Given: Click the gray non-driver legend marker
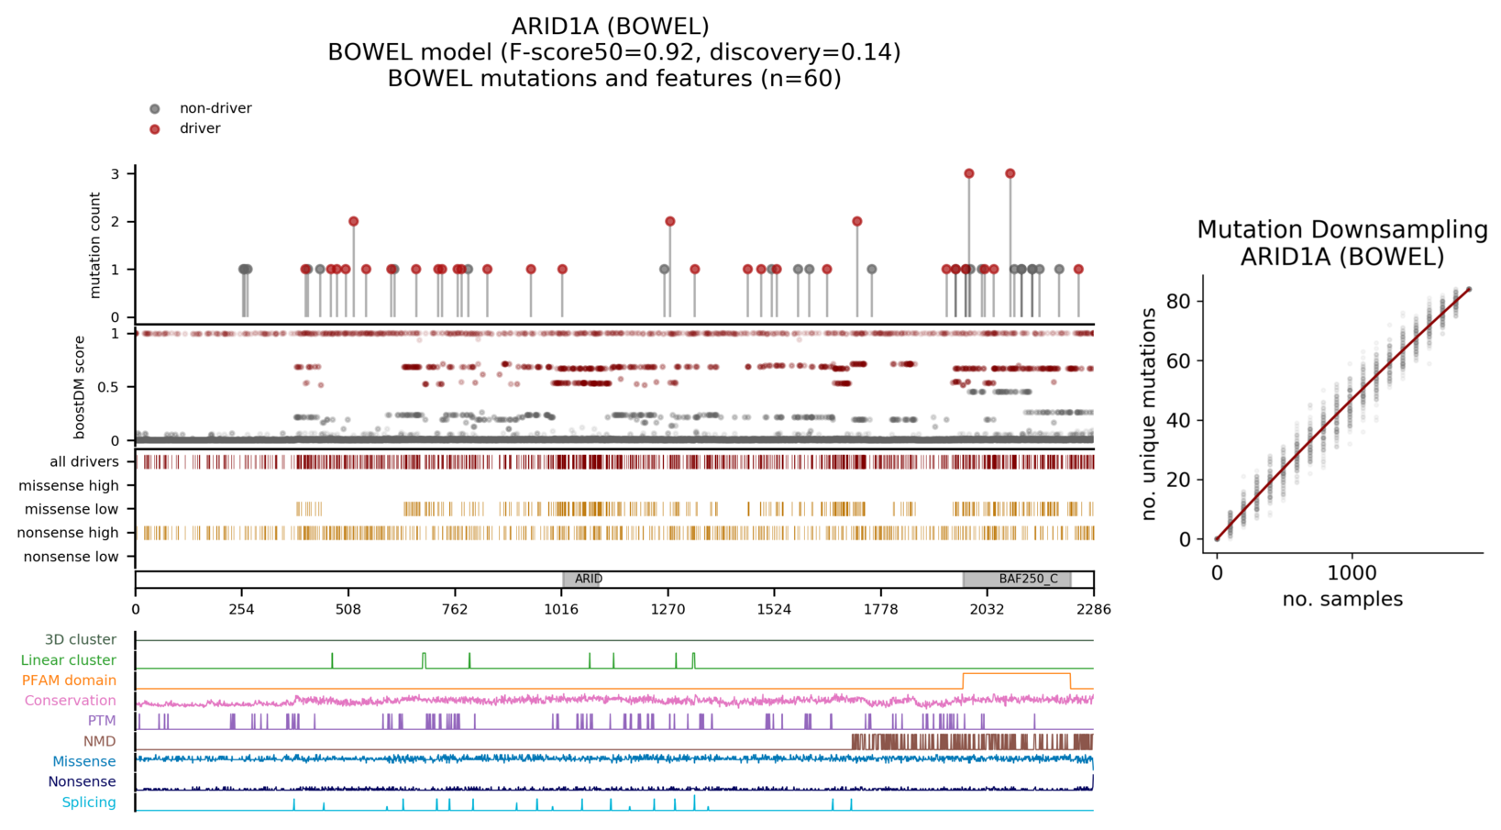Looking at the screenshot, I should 155,109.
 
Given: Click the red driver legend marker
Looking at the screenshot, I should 155,129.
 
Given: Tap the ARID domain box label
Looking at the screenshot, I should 588,579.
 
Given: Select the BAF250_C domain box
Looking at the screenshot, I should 1017,579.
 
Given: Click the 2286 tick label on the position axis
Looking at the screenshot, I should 1093,608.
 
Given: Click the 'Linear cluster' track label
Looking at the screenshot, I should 69,660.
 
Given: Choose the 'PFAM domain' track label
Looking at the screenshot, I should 69,681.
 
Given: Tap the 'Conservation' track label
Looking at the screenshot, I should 70,701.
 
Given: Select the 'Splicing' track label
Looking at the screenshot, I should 89,802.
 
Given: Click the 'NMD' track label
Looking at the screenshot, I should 100,741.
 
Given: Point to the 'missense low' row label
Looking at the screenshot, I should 72,509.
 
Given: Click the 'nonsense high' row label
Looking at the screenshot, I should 68,533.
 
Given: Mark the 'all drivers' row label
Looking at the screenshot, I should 84,462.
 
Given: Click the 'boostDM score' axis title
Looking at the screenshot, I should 80,386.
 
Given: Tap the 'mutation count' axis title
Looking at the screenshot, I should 95,245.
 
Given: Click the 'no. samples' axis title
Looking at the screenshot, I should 1341,599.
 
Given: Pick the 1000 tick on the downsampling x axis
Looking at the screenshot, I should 1352,573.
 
